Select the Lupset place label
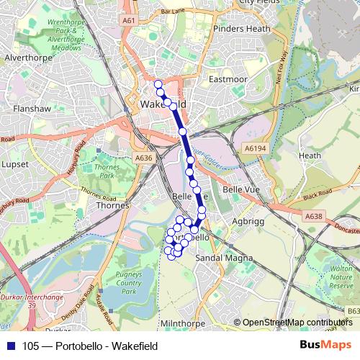tap(15, 165)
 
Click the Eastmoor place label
tap(227, 79)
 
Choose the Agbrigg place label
tap(250, 222)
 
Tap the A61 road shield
tap(129, 21)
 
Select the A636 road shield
tap(144, 158)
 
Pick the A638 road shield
tap(312, 216)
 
